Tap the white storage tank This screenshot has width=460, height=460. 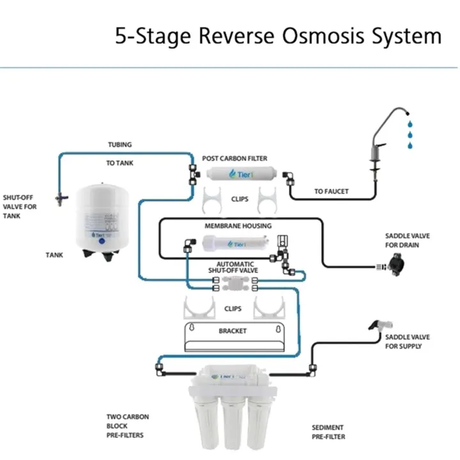point(103,218)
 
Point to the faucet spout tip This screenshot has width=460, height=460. point(406,112)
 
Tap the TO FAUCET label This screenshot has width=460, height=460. point(331,191)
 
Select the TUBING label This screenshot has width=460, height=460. point(119,145)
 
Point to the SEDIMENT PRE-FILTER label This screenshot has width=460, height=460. point(328,432)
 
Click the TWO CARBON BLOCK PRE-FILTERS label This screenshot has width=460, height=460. point(128,426)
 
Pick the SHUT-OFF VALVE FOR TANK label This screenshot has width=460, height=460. point(20,206)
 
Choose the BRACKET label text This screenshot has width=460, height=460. point(233,331)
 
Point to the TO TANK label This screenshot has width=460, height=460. point(119,163)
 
